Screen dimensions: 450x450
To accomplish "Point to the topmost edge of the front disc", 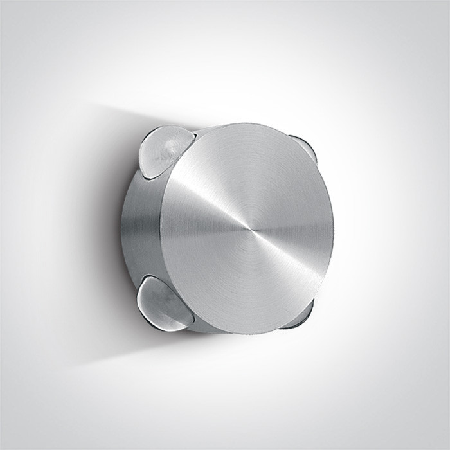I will [248, 123].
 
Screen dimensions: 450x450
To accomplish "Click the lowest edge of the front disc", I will [248, 333].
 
